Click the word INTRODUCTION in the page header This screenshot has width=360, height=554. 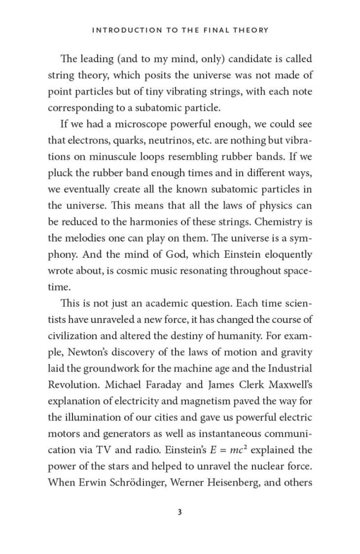pyautogui.click(x=120, y=30)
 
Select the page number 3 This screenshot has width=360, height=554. pyautogui.click(x=180, y=512)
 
